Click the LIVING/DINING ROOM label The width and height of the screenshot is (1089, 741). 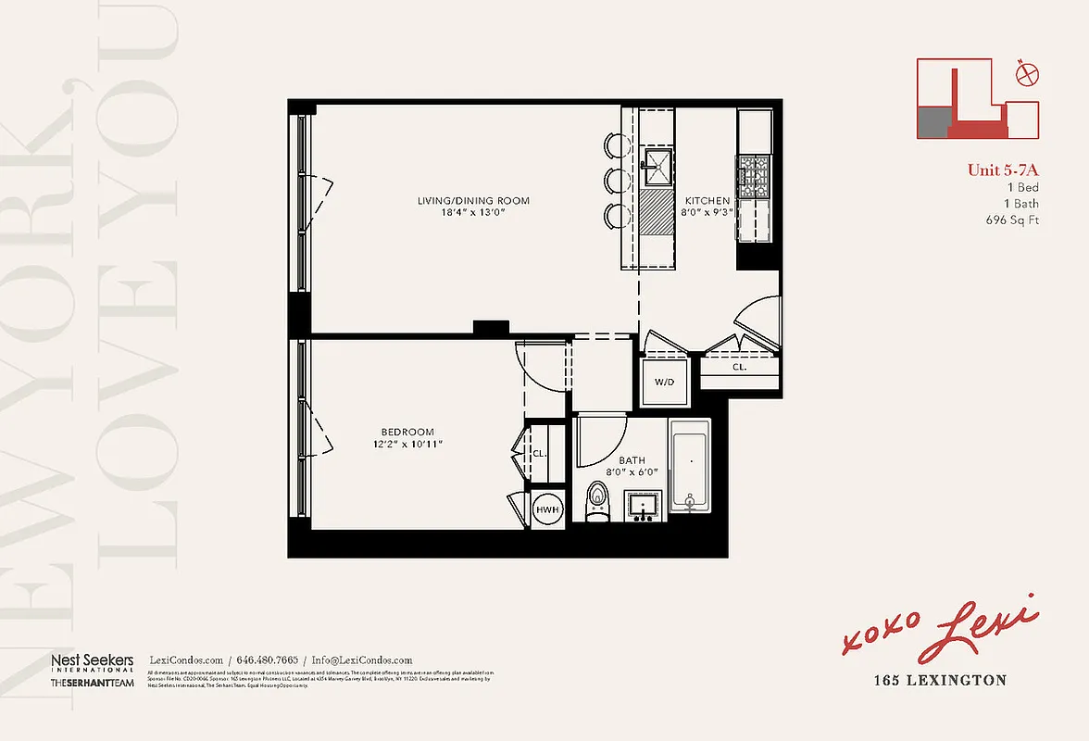click(x=460, y=201)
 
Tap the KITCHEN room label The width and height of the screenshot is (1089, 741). click(x=707, y=201)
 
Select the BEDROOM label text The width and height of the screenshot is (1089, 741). click(x=407, y=433)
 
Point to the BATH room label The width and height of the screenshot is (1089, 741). click(x=632, y=459)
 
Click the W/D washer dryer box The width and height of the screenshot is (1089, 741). click(x=665, y=382)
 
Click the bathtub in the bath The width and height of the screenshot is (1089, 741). click(x=689, y=468)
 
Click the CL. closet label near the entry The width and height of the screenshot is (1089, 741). click(x=739, y=367)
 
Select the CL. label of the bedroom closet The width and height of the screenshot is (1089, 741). click(x=539, y=454)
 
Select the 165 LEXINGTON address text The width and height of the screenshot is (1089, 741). click(x=940, y=681)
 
